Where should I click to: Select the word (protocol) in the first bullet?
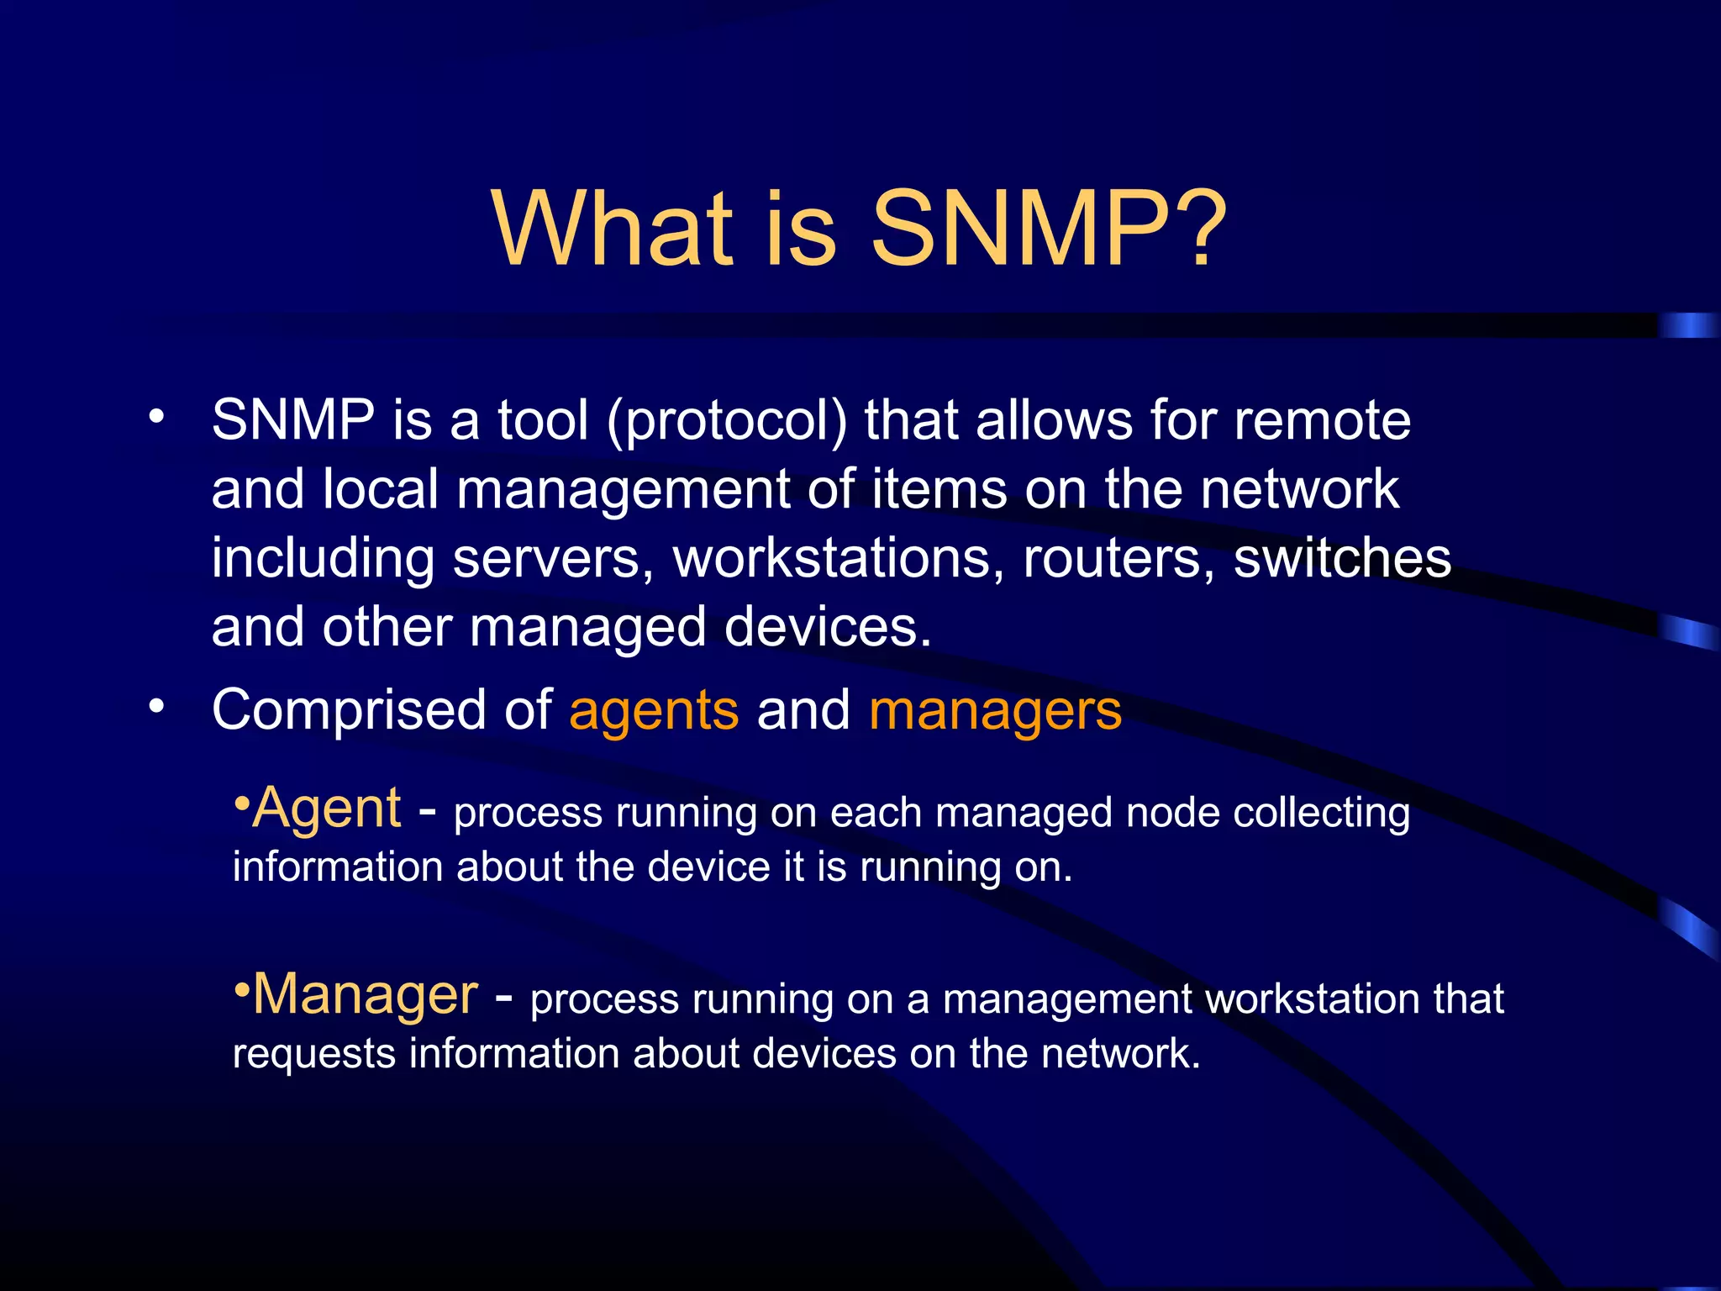[727, 421]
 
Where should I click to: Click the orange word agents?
[654, 711]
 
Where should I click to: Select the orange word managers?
[995, 711]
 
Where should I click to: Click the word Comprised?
[350, 711]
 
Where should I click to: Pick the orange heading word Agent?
[326, 808]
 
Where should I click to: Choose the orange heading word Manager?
[365, 994]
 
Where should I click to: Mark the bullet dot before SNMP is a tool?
[156, 417]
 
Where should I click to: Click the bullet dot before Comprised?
[156, 707]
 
